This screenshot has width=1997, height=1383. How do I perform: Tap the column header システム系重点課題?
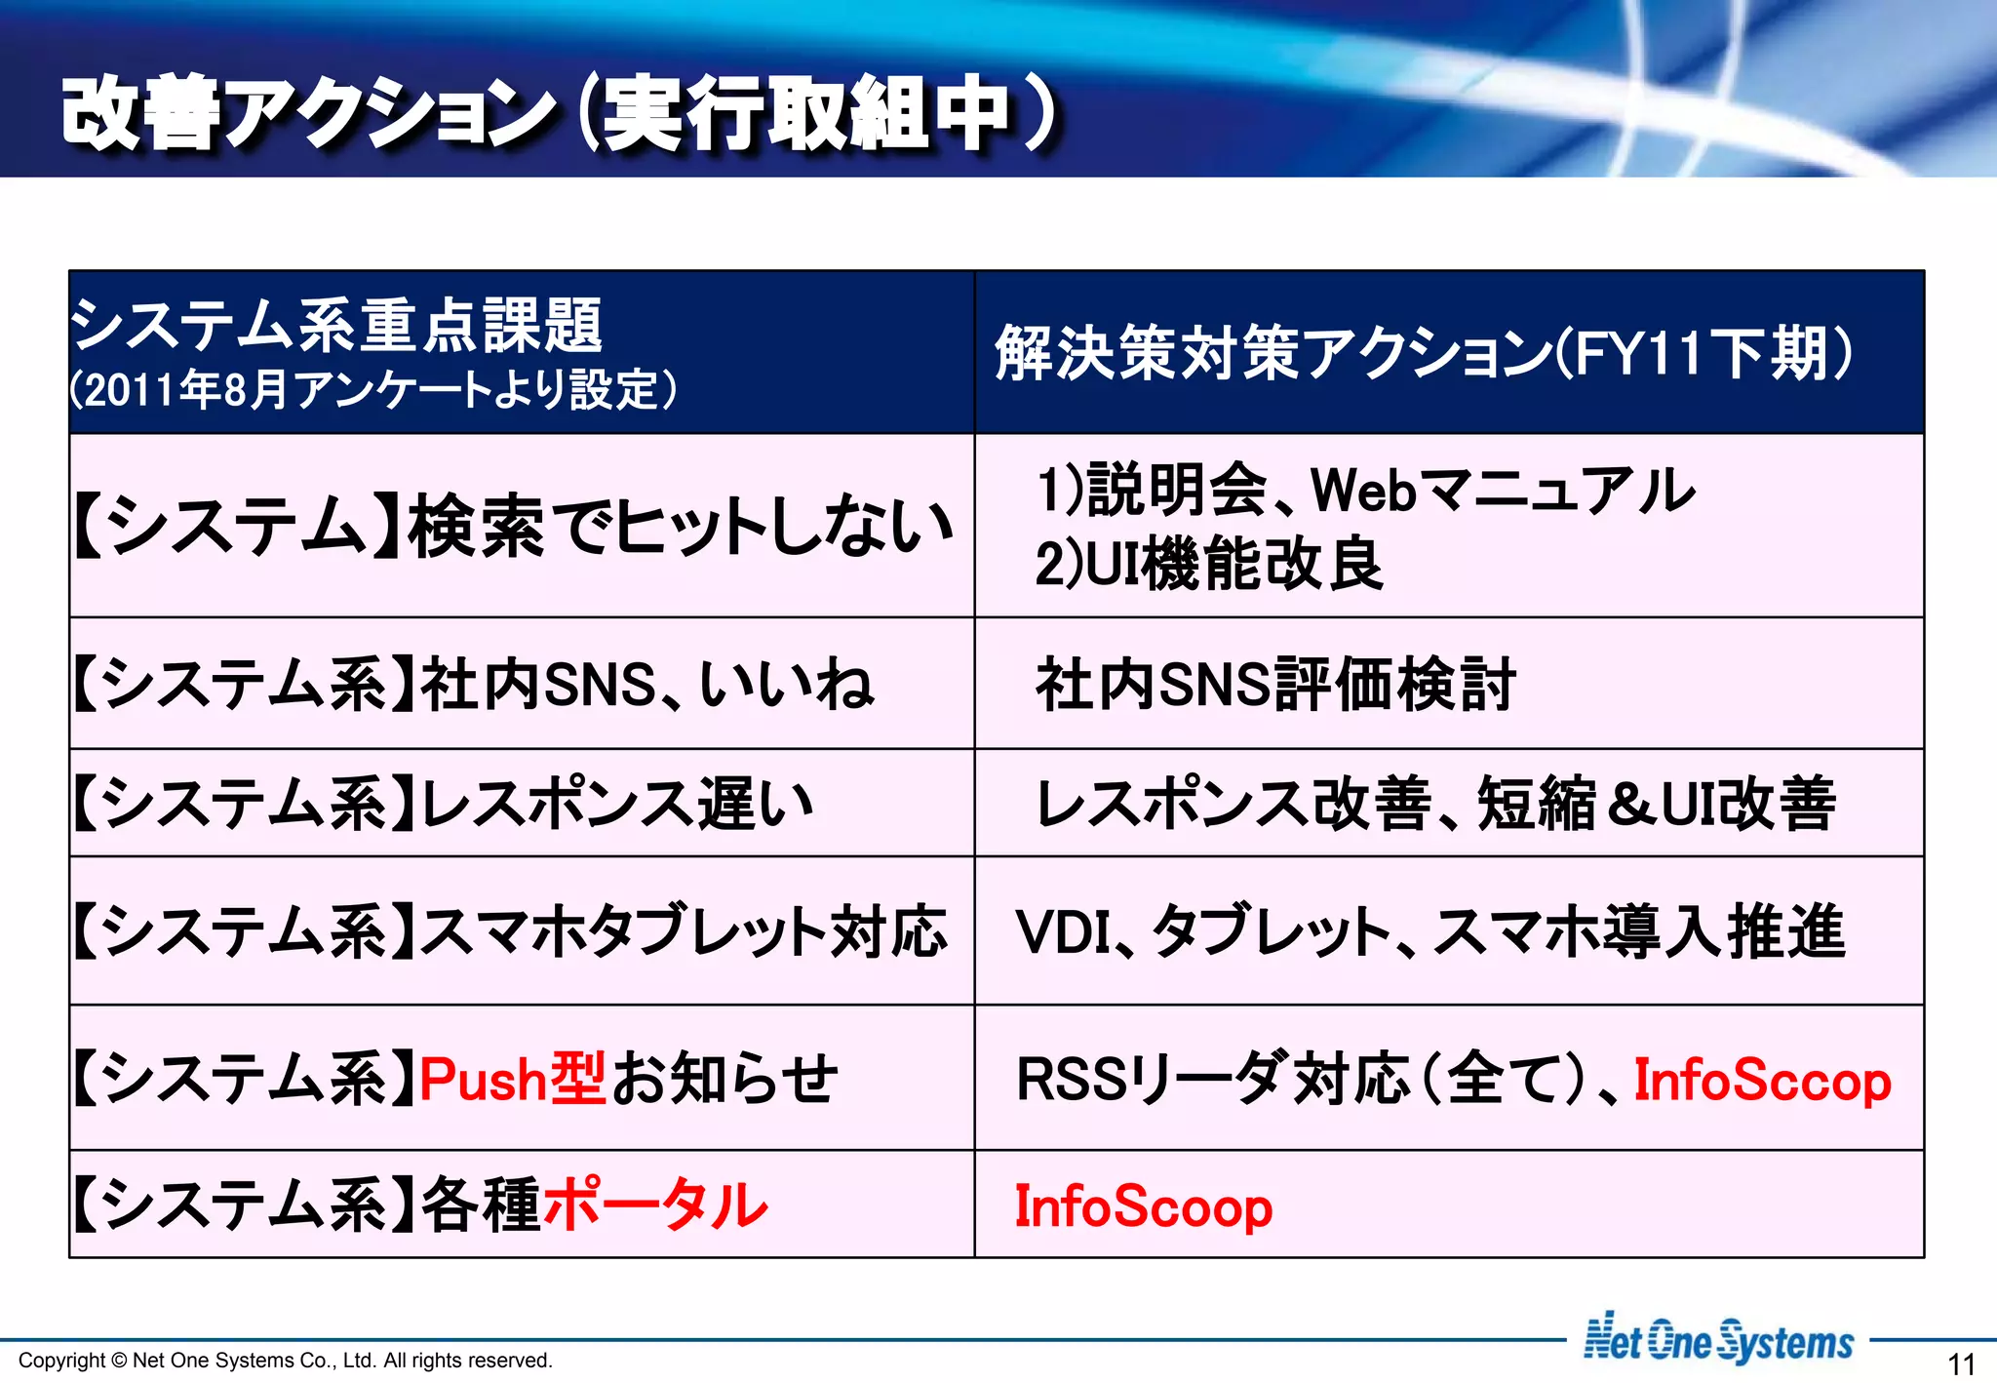click(x=337, y=326)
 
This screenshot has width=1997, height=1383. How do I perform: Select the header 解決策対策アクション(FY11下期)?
click(x=1423, y=353)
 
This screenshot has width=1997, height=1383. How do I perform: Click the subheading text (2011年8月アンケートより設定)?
click(x=373, y=389)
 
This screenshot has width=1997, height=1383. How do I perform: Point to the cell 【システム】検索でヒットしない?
click(x=513, y=527)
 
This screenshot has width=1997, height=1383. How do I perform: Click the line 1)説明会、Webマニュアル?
click(x=1365, y=490)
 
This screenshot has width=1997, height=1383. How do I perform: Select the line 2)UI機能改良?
click(x=1209, y=564)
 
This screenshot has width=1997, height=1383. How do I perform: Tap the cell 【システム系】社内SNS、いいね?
click(x=474, y=684)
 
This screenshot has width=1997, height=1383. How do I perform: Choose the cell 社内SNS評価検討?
click(x=1275, y=684)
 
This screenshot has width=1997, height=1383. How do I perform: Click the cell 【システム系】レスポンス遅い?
click(x=444, y=805)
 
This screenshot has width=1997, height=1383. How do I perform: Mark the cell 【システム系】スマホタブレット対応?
click(x=510, y=931)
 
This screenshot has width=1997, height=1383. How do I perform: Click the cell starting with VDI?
click(x=1429, y=931)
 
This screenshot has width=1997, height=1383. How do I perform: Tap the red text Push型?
click(x=513, y=1079)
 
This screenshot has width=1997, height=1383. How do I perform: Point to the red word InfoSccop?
click(x=1762, y=1081)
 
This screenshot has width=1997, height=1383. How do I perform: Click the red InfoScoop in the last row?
click(x=1143, y=1206)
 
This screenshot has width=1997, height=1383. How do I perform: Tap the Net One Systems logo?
click(x=1718, y=1340)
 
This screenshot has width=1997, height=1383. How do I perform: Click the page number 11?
click(x=1961, y=1363)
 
